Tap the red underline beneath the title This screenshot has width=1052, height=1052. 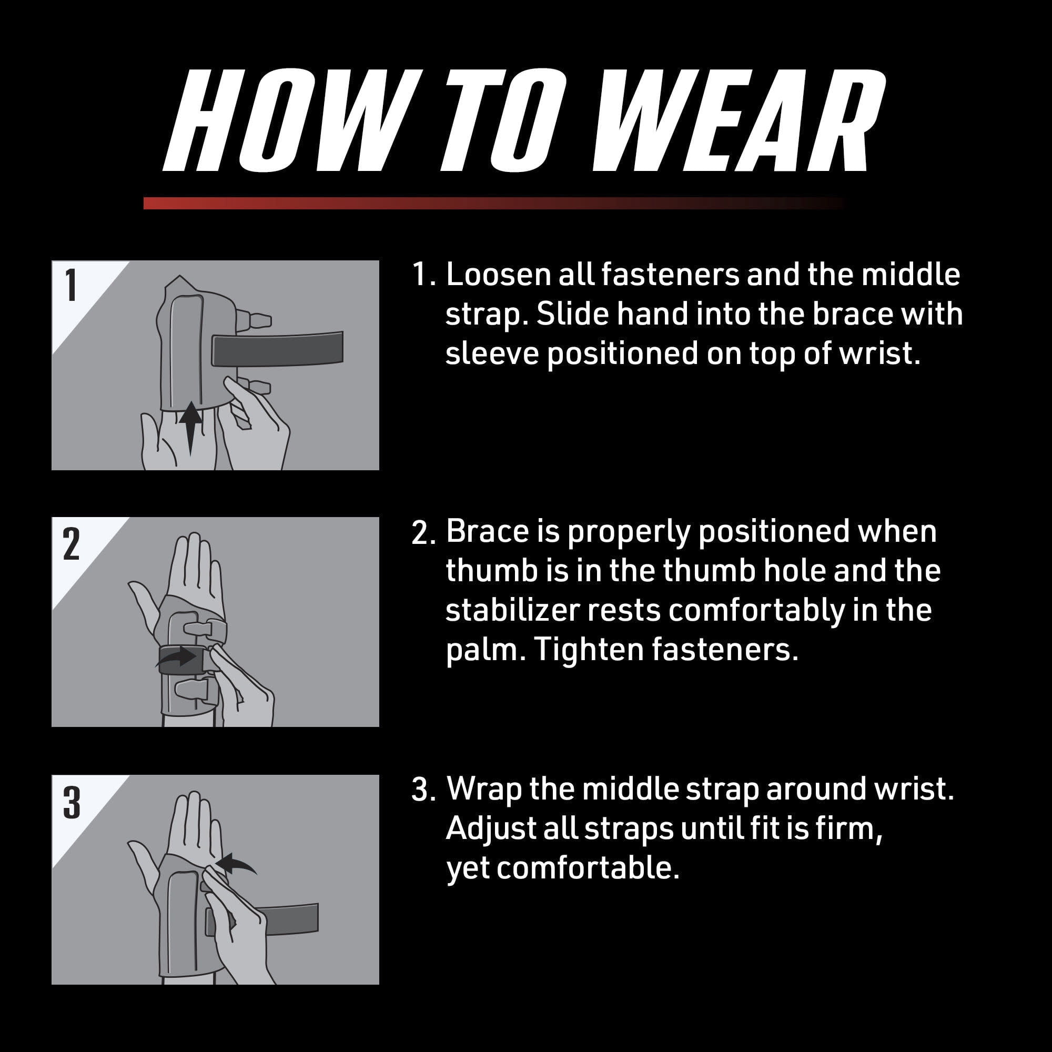493,203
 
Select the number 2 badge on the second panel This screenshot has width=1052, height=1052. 72,543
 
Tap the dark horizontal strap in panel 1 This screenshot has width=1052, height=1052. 277,349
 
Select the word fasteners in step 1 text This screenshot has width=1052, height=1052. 670,275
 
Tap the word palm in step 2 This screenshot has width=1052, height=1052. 485,651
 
